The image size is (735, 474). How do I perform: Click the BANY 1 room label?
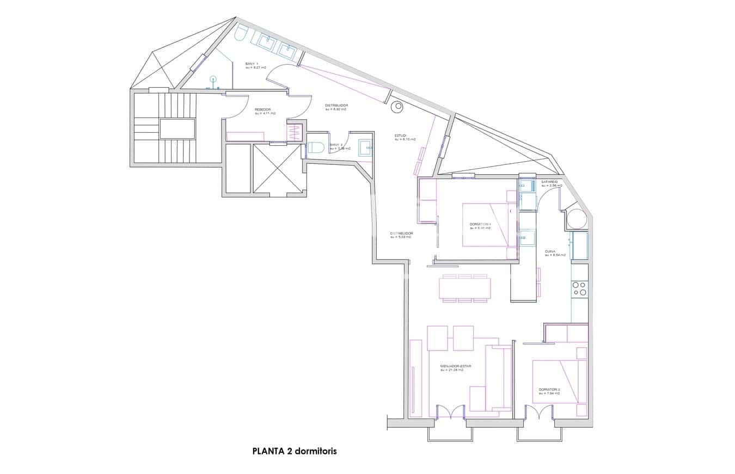coord(252,64)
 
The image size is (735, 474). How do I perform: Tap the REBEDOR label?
coord(262,109)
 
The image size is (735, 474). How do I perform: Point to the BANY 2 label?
coord(336,145)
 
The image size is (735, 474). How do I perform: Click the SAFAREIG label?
coord(549,182)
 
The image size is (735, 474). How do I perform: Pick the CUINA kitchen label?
coord(550,251)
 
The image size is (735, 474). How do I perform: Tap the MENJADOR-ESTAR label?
coord(456,366)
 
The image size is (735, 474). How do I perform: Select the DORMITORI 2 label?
coord(549,390)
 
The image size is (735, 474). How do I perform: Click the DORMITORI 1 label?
coord(480,224)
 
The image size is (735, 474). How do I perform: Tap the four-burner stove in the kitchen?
coord(579,288)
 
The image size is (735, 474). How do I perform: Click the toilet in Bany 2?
coord(316,147)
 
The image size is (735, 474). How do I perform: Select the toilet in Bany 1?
coord(241,33)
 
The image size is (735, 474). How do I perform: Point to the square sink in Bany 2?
coord(365,147)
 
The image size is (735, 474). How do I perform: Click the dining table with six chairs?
coord(464,288)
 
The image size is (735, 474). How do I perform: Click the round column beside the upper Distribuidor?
coord(397,107)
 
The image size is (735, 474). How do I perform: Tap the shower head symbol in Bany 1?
coord(213,79)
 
